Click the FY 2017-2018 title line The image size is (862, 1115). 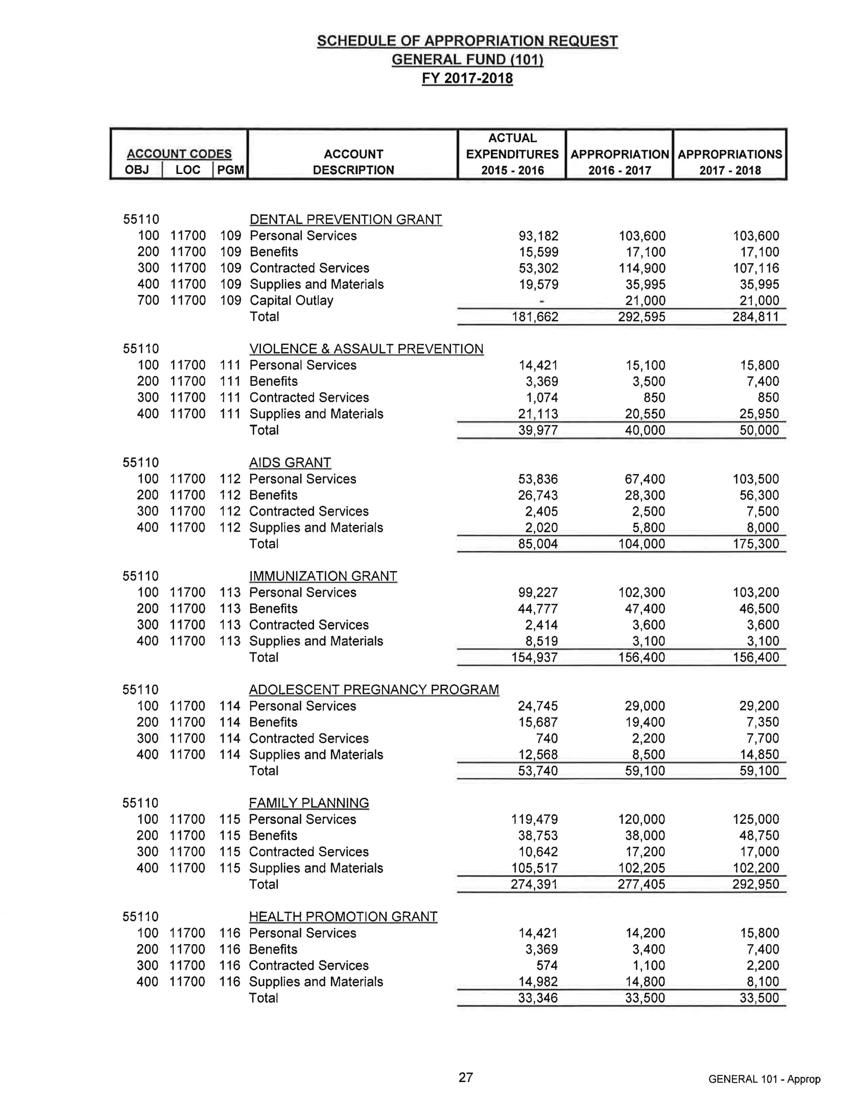(x=467, y=78)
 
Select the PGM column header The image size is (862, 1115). (x=230, y=170)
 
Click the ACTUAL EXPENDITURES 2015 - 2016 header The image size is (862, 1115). (x=512, y=154)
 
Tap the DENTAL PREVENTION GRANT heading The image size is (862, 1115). (x=345, y=220)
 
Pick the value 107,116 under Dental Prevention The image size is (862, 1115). (x=756, y=268)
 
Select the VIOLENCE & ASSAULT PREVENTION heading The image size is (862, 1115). (x=366, y=349)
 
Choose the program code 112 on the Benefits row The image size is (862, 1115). (x=230, y=495)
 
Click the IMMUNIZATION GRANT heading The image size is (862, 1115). (x=323, y=576)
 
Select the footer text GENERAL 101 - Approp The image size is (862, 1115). (x=764, y=1079)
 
